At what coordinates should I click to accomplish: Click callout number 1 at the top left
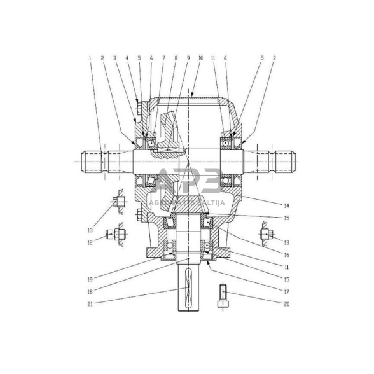[90, 59]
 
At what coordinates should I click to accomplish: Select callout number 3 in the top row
[115, 59]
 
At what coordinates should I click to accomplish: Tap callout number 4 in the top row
[127, 59]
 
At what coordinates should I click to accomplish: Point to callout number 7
[163, 59]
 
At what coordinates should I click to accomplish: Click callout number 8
[176, 59]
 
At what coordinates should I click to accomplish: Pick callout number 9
[189, 59]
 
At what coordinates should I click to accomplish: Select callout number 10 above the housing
[202, 59]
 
